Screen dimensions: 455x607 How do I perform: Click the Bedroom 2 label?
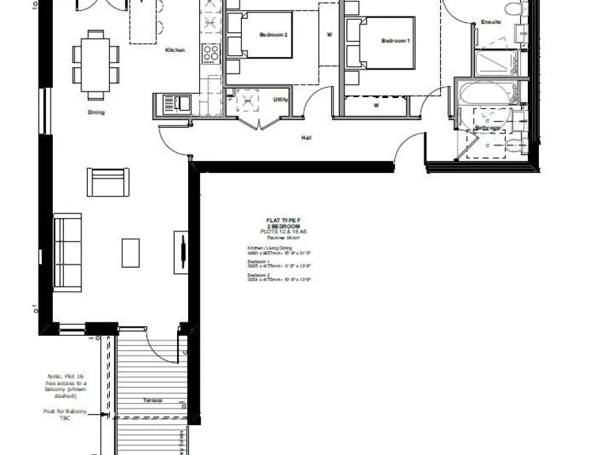click(273, 35)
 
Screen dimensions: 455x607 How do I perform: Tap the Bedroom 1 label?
click(395, 41)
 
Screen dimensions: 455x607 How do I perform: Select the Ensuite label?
click(490, 22)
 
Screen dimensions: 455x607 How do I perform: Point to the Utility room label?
click(280, 100)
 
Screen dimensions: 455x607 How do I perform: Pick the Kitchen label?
click(175, 51)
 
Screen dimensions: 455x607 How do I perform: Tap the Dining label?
click(96, 112)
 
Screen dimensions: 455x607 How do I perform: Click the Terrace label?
click(153, 400)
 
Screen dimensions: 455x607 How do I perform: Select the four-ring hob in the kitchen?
click(211, 53)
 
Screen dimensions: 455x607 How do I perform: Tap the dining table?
click(96, 59)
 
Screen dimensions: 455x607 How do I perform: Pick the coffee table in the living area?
click(131, 253)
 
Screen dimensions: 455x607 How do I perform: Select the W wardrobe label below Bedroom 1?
click(376, 104)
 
